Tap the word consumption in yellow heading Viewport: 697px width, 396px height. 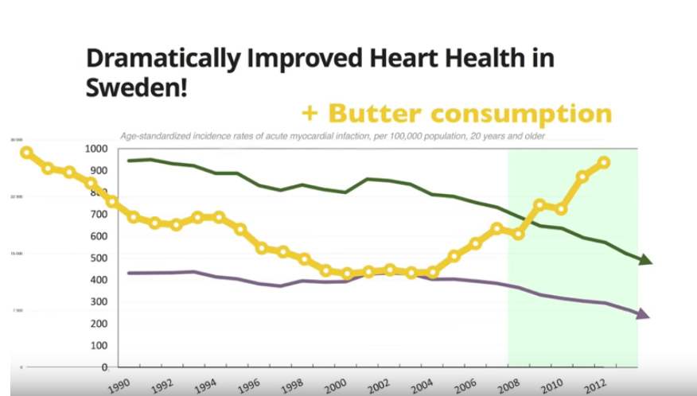pos(530,114)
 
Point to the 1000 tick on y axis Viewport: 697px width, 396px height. pos(95,149)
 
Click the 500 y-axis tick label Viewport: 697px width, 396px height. pos(98,258)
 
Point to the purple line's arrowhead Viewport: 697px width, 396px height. pos(643,315)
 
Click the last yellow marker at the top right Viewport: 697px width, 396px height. pos(604,162)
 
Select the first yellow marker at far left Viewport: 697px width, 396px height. pos(26,153)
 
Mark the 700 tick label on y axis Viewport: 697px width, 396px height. pos(98,215)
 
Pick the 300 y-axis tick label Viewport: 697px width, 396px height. pos(98,302)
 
